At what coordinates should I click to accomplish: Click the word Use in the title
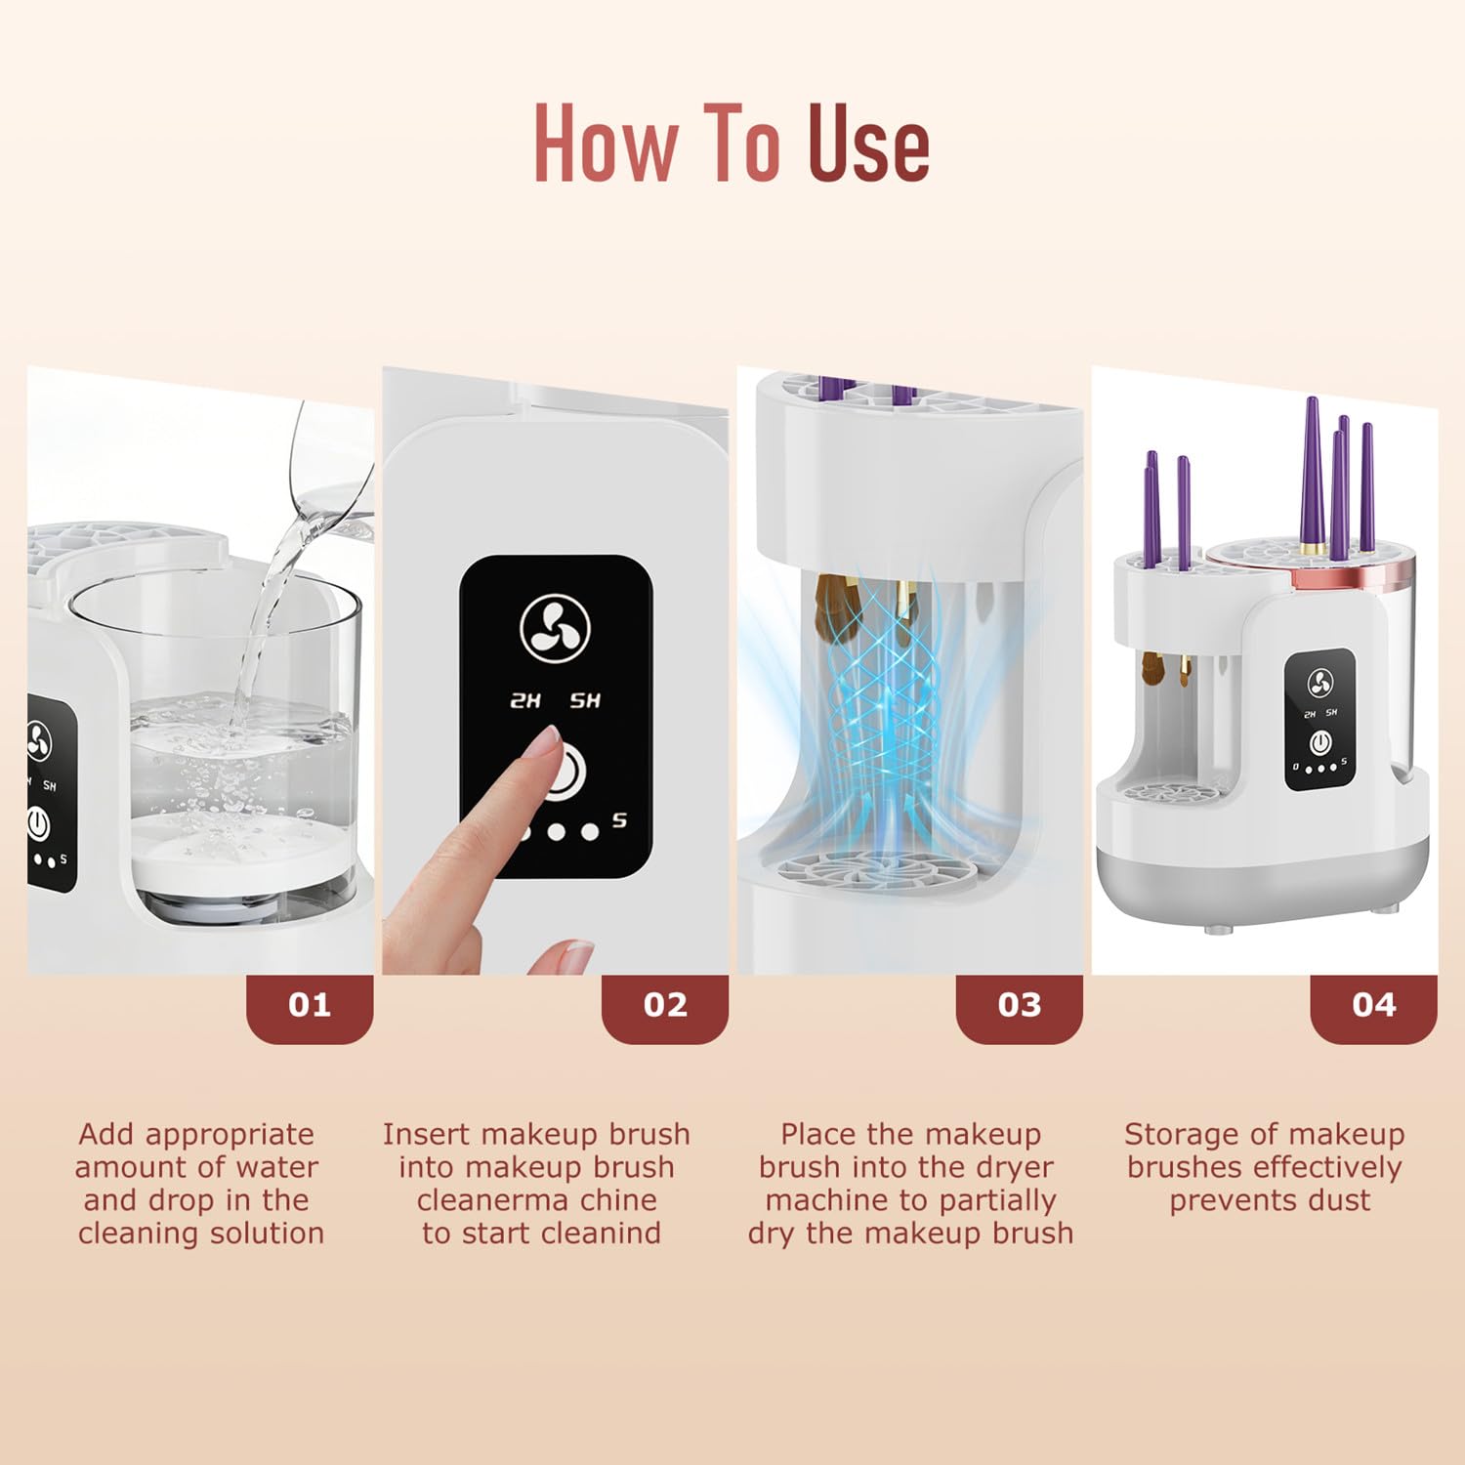click(868, 145)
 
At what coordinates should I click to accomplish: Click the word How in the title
click(605, 145)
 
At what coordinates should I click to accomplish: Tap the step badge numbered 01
click(310, 1005)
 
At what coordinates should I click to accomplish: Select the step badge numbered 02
click(665, 1005)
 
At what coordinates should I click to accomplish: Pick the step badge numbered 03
click(1020, 1005)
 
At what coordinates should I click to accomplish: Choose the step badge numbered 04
click(1373, 1005)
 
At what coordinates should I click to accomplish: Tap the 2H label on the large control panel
click(525, 700)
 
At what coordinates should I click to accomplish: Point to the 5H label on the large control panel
click(585, 700)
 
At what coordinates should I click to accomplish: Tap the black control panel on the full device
click(1319, 719)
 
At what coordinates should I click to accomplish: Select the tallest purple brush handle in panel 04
click(1313, 469)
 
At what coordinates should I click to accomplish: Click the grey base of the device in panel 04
click(1260, 884)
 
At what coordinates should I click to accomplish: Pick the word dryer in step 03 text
click(1016, 1167)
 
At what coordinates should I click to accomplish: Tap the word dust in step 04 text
click(1338, 1200)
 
